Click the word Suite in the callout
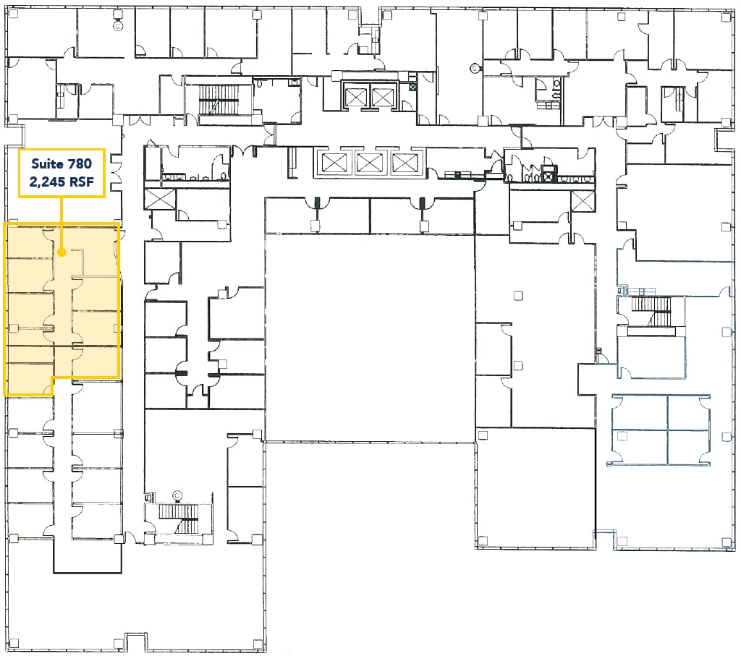tap(48, 164)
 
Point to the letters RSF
tap(82, 182)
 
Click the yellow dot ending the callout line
tap(61, 252)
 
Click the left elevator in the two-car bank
tap(356, 98)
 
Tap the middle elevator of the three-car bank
tap(369, 163)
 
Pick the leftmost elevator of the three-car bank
tap(334, 163)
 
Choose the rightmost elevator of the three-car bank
tap(404, 163)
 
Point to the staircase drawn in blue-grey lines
tap(651, 312)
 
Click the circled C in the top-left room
tap(117, 27)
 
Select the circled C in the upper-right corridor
tap(475, 69)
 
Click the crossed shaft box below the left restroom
tap(159, 200)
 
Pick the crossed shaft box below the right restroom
tap(583, 201)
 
